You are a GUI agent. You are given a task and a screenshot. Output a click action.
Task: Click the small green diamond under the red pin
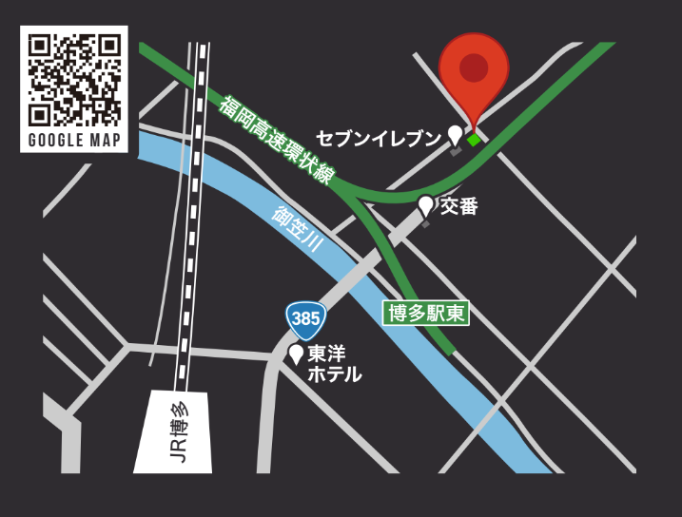[474, 139]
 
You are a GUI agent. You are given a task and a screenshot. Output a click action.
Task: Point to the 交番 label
[458, 205]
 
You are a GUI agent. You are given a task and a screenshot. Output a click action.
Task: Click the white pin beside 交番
[426, 204]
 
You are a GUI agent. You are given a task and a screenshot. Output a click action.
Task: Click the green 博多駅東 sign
[426, 313]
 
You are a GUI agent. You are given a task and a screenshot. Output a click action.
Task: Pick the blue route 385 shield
[305, 319]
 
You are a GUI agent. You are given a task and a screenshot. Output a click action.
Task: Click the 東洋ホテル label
[334, 364]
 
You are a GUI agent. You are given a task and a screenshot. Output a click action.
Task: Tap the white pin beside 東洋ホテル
[296, 354]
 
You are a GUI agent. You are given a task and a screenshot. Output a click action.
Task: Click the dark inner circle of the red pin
[474, 67]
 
